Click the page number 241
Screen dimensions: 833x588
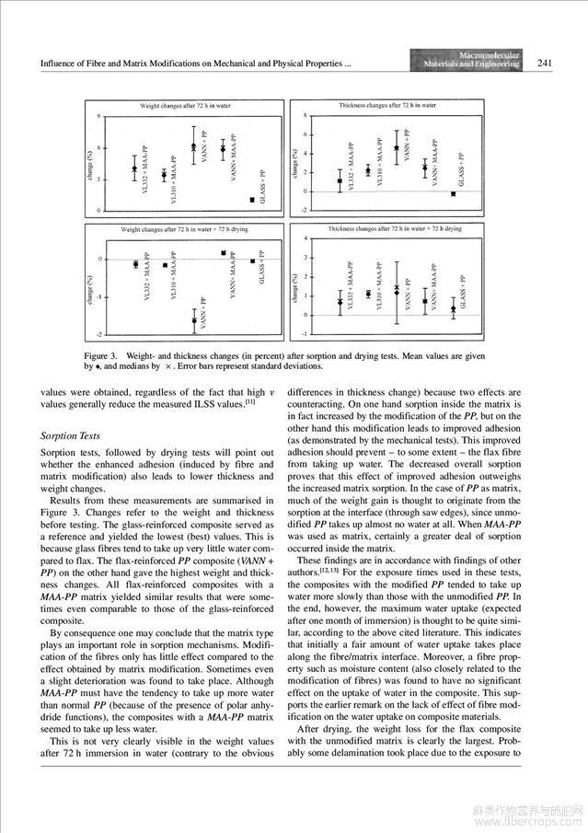544,63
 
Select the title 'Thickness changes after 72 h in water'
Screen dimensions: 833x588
387,106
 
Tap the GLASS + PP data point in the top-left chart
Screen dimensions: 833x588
252,200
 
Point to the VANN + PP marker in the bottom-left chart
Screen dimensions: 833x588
194,319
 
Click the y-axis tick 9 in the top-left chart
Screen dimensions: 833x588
99,116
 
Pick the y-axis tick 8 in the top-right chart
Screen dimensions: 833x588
305,116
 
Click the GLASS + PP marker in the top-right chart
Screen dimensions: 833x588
453,193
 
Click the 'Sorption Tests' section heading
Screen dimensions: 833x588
72,435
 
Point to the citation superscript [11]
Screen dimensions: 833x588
249,400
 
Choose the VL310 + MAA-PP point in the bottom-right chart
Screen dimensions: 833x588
367,294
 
